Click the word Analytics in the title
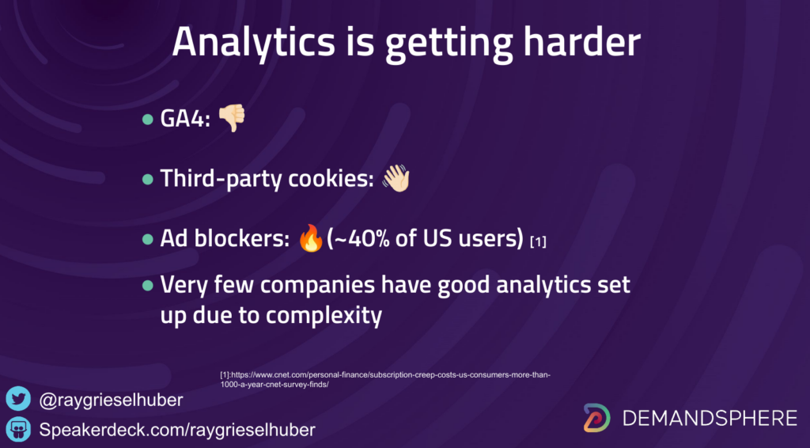[253, 43]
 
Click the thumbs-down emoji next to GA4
[232, 118]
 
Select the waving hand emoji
[396, 178]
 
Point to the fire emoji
[311, 238]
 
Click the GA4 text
[185, 119]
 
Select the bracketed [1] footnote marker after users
[538, 241]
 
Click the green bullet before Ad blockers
[148, 239]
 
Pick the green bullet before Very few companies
[148, 285]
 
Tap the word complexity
[324, 315]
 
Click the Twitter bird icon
[19, 400]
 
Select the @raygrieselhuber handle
[111, 400]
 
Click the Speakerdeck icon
[19, 429]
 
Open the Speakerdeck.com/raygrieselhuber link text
[177, 430]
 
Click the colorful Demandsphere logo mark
[597, 418]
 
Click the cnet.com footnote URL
[385, 380]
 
